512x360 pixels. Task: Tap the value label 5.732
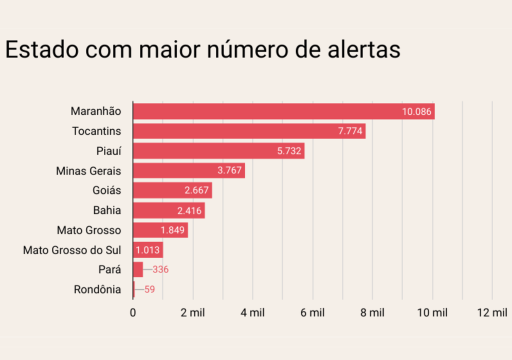(x=289, y=151)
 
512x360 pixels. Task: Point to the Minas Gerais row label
(x=88, y=171)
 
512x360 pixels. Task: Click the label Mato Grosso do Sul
(x=72, y=250)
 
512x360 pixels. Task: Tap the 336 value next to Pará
(x=160, y=269)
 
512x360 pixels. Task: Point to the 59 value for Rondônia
(x=149, y=289)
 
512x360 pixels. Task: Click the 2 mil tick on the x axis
(x=193, y=313)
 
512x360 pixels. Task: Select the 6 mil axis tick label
(x=312, y=313)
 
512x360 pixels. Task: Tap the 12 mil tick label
(x=492, y=313)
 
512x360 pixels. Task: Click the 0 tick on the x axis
(x=133, y=313)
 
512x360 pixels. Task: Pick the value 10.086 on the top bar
(x=416, y=111)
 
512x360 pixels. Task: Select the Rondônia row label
(x=97, y=289)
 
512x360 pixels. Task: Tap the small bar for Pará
(x=138, y=269)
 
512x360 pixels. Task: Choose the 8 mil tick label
(x=372, y=313)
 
